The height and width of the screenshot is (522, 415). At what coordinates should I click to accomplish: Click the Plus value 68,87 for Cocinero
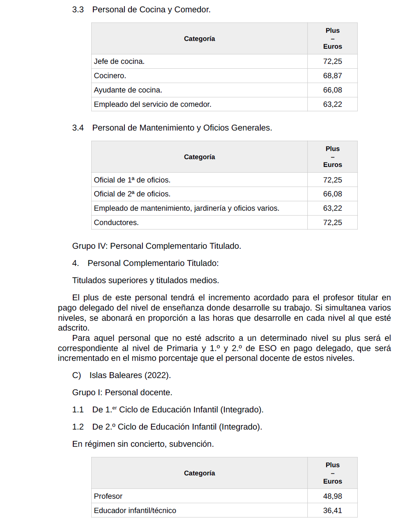[332, 76]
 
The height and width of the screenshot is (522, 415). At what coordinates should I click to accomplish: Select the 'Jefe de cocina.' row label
[119, 61]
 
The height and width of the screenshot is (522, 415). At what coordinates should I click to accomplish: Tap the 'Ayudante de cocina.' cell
[128, 90]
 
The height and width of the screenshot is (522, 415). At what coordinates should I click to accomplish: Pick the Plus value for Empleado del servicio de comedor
[332, 104]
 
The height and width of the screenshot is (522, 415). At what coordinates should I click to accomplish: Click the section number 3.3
[78, 10]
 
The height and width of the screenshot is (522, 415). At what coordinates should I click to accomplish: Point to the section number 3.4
[78, 128]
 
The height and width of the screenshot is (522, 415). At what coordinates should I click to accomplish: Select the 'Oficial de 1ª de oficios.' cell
[132, 180]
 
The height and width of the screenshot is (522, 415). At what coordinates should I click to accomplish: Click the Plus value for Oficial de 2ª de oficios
[332, 194]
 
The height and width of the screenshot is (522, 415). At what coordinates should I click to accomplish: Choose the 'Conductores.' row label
[116, 223]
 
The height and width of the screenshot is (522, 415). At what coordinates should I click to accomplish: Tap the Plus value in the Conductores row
[332, 223]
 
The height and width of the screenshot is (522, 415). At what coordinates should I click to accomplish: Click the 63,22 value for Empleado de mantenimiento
[332, 208]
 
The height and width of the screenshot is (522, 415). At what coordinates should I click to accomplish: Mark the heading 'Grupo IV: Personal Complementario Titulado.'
[156, 246]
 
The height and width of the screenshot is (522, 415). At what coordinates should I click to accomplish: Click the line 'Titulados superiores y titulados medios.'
[145, 280]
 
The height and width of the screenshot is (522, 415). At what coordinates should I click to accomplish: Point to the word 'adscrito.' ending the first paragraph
[74, 328]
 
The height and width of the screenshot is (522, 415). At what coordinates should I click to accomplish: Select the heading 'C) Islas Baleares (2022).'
[122, 375]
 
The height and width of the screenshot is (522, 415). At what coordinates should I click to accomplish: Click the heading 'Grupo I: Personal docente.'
[122, 392]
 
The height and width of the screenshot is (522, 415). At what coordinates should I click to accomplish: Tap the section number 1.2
[78, 427]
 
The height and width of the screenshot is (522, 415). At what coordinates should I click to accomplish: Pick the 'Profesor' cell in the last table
[108, 496]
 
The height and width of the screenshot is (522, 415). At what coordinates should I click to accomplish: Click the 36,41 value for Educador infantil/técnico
[332, 511]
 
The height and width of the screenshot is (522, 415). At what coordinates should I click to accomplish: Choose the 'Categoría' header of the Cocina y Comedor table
[199, 39]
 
